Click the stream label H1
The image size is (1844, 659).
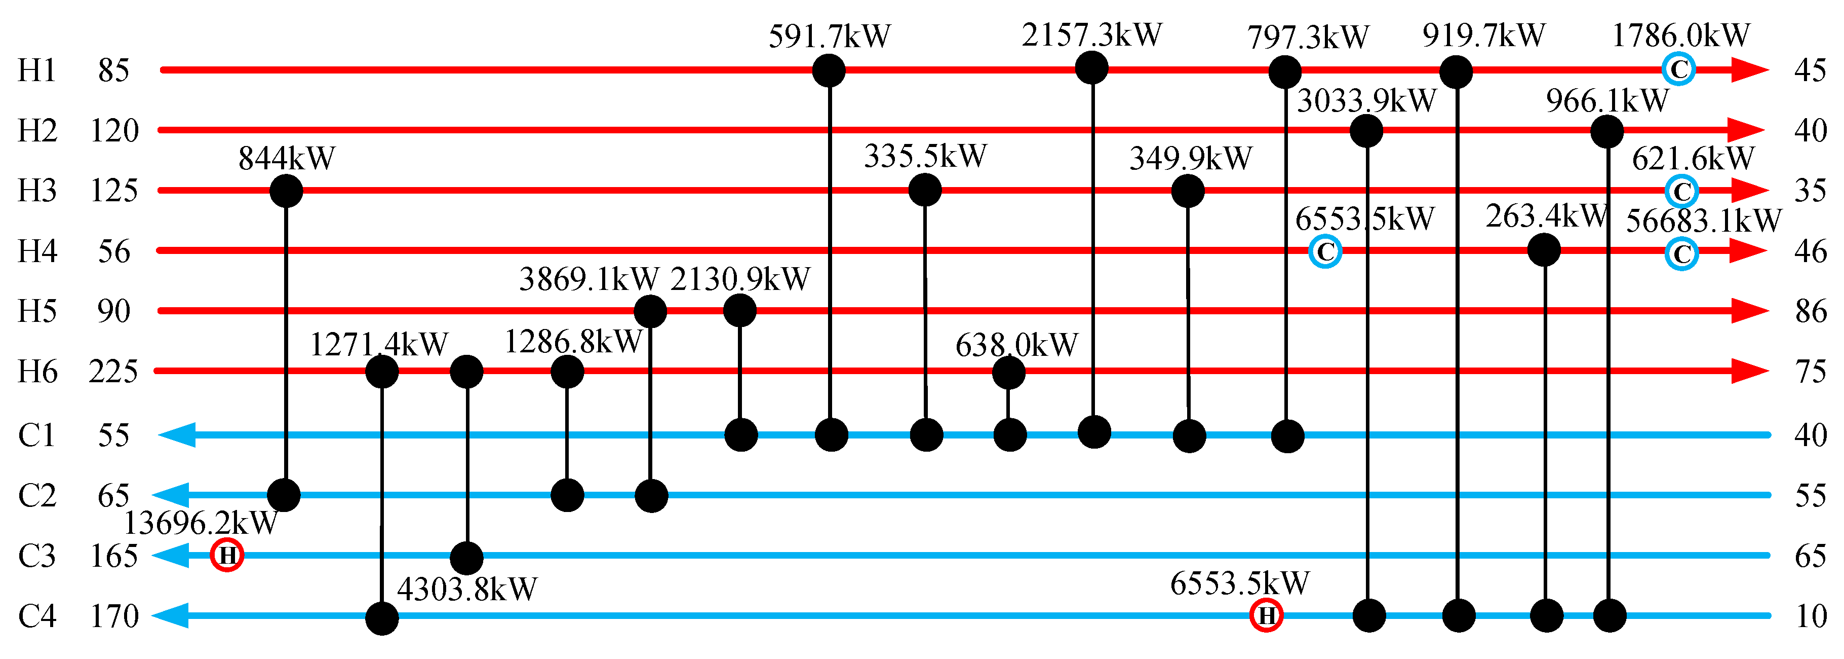[36, 70]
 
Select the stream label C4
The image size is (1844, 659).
[36, 616]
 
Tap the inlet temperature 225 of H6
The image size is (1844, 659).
[113, 372]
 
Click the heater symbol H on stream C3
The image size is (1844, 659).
[227, 555]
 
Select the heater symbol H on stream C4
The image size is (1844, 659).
[1266, 615]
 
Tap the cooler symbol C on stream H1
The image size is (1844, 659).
[1678, 69]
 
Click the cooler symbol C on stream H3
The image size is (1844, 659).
[1681, 191]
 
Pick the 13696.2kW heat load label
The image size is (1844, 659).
[201, 524]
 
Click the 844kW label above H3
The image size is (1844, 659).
[286, 158]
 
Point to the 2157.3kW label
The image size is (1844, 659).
[1091, 35]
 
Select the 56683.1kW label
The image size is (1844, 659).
[1703, 221]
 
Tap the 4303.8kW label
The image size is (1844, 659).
[467, 590]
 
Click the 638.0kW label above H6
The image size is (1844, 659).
[1016, 345]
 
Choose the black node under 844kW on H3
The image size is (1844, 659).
[286, 191]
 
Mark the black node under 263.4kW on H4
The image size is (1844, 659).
[1544, 250]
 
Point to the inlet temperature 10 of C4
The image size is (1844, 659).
[1811, 616]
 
